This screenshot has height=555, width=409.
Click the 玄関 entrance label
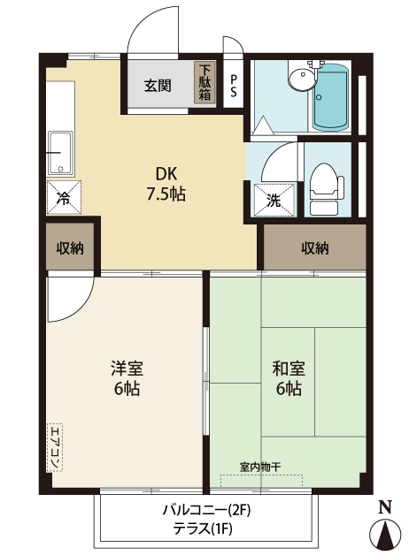point(158,86)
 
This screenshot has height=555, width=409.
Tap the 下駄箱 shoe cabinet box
point(205,84)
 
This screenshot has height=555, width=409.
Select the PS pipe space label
point(234,85)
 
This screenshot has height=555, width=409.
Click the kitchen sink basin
point(60,153)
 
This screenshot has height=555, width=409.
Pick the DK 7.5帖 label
point(166,184)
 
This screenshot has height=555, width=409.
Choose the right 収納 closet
point(314,248)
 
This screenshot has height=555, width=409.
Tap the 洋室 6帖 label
point(127,377)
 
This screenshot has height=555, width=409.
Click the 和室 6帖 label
point(288,377)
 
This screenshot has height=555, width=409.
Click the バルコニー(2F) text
point(207,510)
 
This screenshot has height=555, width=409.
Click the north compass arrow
point(385,535)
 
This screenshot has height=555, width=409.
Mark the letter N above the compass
point(385,506)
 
